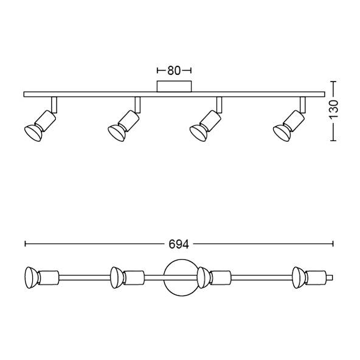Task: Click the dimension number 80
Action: pos(175,71)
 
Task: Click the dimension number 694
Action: pos(178,244)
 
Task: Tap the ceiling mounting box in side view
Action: pos(175,86)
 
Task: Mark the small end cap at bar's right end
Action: pos(330,277)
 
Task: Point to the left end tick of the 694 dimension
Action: pos(24,244)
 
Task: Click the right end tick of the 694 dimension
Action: pos(333,244)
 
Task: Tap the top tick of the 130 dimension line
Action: pos(333,80)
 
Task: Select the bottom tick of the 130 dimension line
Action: pos(333,140)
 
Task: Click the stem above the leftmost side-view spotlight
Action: pos(54,104)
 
